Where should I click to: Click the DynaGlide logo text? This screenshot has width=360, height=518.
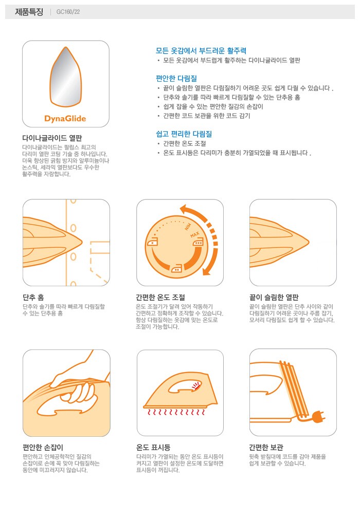(65, 119)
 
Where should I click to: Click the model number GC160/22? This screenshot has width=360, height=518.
(68, 12)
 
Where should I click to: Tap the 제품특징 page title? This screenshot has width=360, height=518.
(29, 12)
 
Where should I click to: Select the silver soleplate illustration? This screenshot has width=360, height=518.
(65, 76)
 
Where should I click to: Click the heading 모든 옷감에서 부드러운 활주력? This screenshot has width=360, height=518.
(201, 50)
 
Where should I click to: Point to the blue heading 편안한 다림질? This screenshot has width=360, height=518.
(176, 78)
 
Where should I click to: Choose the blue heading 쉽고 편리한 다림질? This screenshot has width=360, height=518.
(184, 134)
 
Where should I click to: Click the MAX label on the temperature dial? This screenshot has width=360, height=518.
(195, 234)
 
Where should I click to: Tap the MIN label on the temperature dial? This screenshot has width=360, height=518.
(188, 226)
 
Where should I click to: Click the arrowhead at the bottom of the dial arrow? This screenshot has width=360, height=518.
(207, 271)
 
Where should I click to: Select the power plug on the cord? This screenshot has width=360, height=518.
(318, 417)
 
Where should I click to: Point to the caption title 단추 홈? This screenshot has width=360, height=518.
(33, 297)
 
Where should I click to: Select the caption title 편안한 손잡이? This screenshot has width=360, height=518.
(43, 447)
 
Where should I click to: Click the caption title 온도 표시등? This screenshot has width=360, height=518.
(153, 447)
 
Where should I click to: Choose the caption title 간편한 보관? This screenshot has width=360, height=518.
(266, 447)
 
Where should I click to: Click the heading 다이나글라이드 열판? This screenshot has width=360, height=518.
(52, 138)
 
